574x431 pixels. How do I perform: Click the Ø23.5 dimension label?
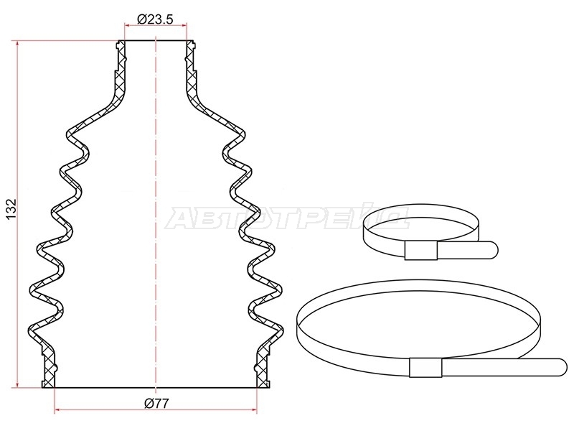(x=155, y=19)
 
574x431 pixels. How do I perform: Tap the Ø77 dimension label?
(x=156, y=404)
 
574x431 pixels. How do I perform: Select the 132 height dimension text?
(x=11, y=209)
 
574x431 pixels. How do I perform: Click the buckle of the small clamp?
(x=420, y=251)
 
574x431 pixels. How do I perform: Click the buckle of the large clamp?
(x=425, y=367)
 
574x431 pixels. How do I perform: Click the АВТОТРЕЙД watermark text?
(x=288, y=217)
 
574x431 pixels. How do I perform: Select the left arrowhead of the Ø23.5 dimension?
(x=128, y=25)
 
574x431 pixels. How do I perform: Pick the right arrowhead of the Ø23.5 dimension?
(x=184, y=25)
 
